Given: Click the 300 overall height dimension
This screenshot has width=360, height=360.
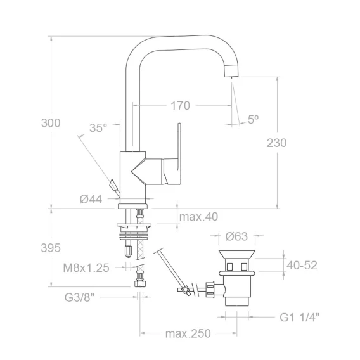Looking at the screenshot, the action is coord(51,123).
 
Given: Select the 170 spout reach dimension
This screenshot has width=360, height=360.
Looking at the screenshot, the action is coord(180,106).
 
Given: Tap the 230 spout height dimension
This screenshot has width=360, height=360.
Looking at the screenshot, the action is coord(276,143).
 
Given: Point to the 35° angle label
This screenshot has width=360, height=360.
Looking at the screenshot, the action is coord(98,128).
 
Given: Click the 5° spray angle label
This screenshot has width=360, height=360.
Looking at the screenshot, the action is coord(254,119).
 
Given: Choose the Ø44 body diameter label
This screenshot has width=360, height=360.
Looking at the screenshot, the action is coord(91,199).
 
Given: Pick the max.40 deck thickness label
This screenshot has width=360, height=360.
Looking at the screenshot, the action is coord(198,217).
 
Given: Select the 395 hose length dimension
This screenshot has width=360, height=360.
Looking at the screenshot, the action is coord(51,248).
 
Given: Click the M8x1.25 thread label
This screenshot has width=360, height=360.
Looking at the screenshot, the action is coord(86,267).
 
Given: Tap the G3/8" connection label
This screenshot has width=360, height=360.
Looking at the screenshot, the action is coord(79,297).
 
